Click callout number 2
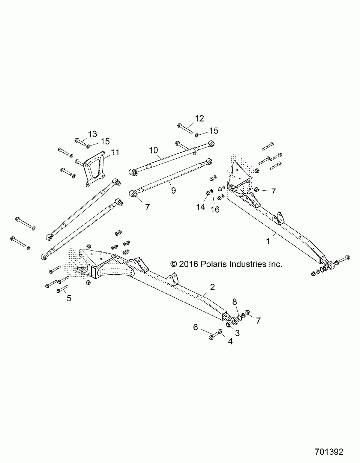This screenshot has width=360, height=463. [x=212, y=287]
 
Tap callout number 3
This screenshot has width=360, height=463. [x=237, y=332]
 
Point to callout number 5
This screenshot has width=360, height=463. [x=69, y=299]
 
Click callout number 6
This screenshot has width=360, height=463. [x=195, y=327]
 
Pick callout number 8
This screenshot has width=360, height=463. [x=235, y=301]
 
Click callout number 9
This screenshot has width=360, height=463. [x=173, y=190]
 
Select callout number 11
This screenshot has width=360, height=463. [x=115, y=152]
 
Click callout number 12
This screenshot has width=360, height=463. [x=199, y=119]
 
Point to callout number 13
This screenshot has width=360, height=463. [x=92, y=134]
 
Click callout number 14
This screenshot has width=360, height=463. [x=201, y=206]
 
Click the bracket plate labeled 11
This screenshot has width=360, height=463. [x=93, y=169]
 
